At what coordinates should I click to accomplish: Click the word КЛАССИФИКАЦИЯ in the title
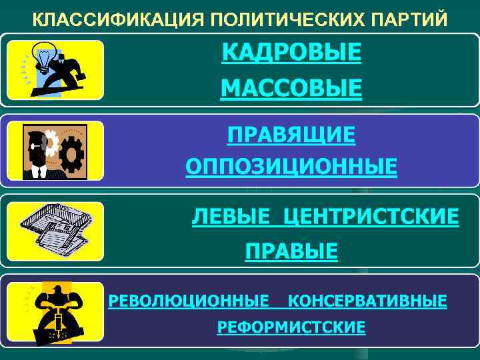point(113,19)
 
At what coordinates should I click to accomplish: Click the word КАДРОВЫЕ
point(291,53)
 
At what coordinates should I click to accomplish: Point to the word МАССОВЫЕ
point(291,88)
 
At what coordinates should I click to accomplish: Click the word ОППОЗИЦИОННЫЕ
point(291,166)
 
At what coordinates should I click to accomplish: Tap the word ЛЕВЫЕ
point(231,217)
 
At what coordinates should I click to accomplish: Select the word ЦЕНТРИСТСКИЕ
point(371,217)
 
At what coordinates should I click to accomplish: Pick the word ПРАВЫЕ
point(291,251)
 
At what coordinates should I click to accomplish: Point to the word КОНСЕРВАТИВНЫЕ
point(367,301)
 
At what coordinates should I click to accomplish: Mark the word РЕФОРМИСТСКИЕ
point(291,327)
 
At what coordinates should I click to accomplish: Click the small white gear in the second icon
point(49,141)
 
